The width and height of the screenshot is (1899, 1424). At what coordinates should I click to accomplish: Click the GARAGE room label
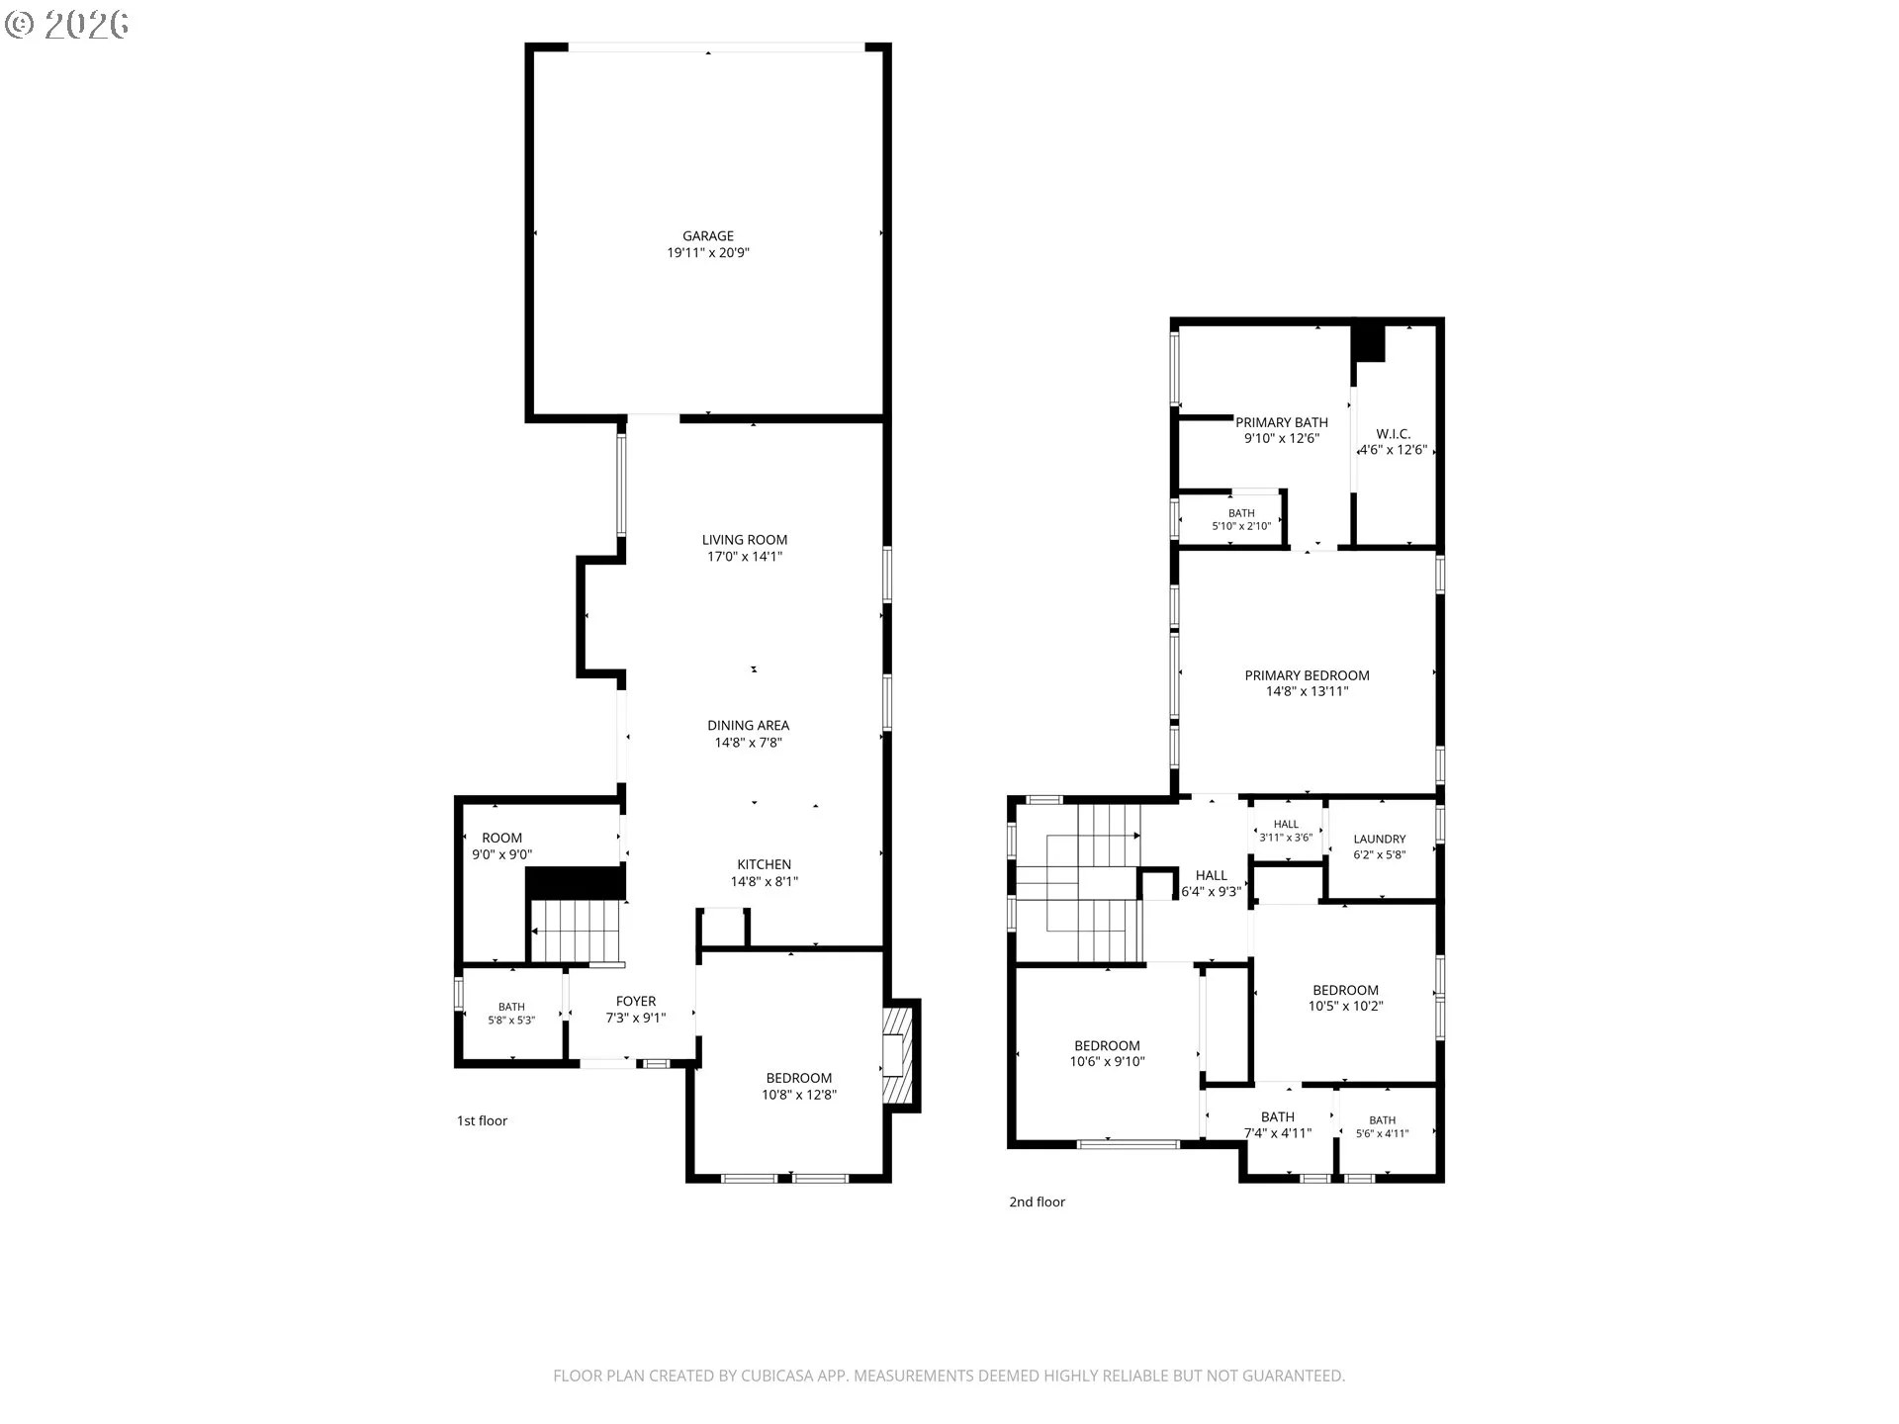tap(708, 236)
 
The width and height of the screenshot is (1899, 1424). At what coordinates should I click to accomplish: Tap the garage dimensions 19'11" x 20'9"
tap(708, 253)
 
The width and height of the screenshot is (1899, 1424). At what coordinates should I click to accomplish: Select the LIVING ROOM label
tap(745, 540)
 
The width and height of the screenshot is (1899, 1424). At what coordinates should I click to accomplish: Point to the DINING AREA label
tap(748, 726)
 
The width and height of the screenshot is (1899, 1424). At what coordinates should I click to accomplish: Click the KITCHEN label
tap(764, 864)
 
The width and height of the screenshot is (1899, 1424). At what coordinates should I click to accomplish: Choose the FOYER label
tap(636, 1001)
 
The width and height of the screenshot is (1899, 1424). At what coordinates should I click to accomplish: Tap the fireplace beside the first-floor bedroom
tap(899, 1054)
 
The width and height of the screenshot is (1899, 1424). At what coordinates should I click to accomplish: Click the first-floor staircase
tap(577, 931)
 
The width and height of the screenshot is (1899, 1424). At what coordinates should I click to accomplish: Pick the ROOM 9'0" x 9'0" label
tap(502, 846)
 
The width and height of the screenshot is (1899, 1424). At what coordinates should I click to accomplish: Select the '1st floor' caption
tap(482, 1120)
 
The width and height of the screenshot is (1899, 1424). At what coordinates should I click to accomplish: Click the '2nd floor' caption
tap(1037, 1201)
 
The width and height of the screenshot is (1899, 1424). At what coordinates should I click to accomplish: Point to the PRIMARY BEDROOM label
tap(1307, 675)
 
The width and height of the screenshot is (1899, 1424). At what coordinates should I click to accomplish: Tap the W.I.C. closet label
tap(1393, 434)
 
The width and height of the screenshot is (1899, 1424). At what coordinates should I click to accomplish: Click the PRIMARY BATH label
tap(1282, 422)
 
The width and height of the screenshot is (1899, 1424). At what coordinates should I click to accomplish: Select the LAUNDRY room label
tap(1379, 839)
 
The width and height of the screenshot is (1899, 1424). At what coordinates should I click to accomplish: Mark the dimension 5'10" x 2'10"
tap(1241, 527)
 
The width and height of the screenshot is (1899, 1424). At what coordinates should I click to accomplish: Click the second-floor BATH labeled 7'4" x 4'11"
tap(1278, 1124)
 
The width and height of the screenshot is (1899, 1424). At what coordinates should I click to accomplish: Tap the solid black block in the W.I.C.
tap(1368, 342)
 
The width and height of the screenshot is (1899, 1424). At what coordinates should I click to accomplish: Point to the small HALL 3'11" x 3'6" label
tap(1286, 831)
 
